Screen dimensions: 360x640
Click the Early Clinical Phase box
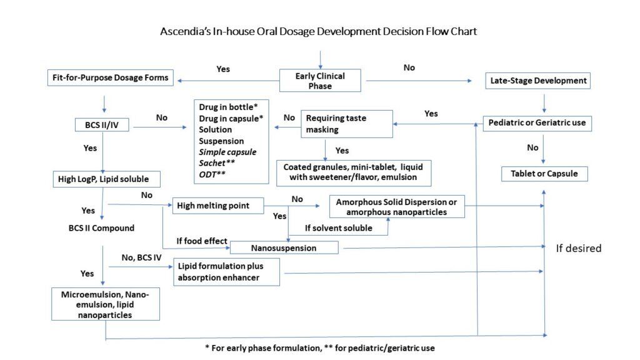[x=320, y=80]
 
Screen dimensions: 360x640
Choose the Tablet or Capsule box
[x=544, y=173]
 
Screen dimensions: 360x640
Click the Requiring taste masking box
[x=347, y=123]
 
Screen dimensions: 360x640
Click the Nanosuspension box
[x=284, y=247]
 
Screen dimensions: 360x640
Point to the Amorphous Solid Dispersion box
[x=397, y=207]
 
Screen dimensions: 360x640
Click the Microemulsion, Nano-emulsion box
[x=102, y=304]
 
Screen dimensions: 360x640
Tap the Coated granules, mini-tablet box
[x=354, y=172]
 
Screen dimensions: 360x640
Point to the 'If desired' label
[x=578, y=248]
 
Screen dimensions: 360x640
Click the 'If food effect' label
[x=201, y=241]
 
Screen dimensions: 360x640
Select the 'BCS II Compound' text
[x=101, y=227]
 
